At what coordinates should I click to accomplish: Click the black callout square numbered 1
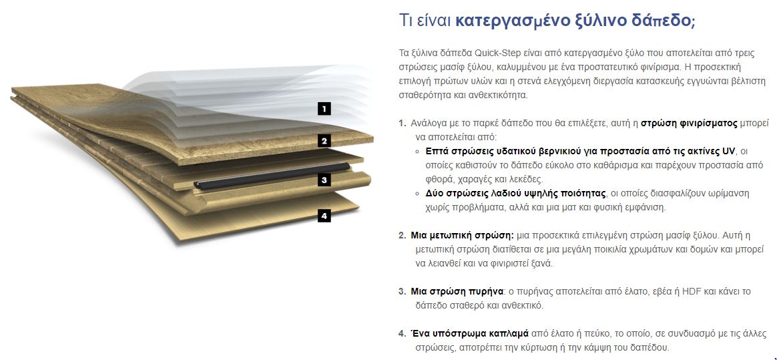324,108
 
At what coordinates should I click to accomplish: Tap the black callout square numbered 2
324,141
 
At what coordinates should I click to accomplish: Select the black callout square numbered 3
324,180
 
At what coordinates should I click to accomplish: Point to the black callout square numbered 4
324,215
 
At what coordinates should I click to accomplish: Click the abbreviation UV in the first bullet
729,151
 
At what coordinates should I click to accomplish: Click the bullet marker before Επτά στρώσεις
419,151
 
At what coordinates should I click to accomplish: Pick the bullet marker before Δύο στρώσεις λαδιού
419,194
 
